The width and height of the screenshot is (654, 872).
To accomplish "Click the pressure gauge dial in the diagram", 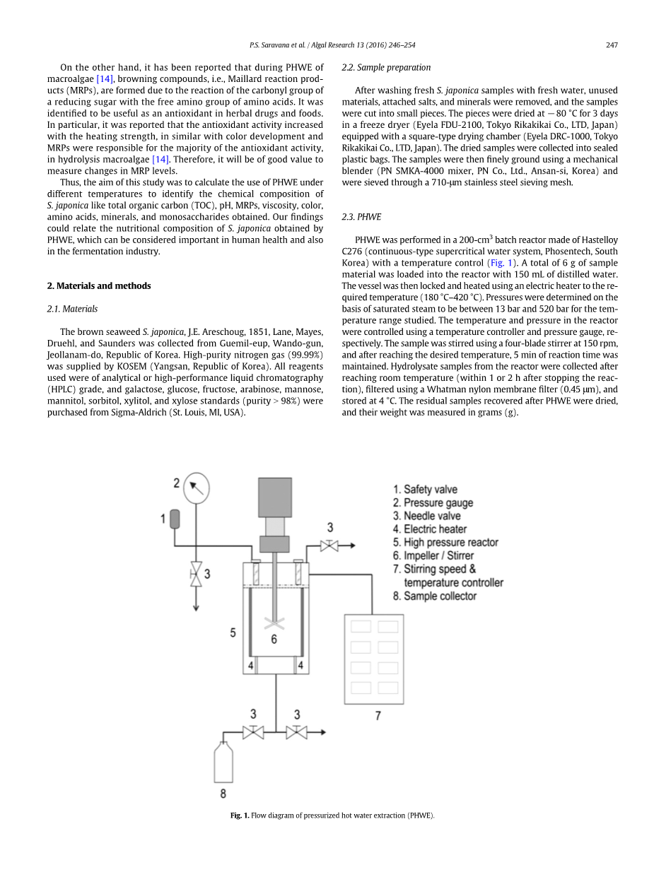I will pos(196,488).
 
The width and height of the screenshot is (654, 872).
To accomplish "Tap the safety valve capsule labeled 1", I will pos(175,519).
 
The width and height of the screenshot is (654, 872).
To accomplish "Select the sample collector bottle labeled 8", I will pos(223,761).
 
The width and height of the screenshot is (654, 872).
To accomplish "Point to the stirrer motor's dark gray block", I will pos(274,497).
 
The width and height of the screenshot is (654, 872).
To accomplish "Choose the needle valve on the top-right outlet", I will pos(329,546).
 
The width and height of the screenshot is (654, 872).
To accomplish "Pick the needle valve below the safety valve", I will pos(197,573).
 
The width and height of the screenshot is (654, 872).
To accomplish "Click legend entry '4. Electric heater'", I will pos(430,529).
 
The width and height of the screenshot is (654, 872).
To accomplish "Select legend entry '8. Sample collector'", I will pos(435,596).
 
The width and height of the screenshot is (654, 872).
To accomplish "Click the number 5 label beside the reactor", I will pos(233,633).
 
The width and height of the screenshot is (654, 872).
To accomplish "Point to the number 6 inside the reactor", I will pos(274,640).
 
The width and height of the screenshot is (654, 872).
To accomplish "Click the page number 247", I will pos(612,45).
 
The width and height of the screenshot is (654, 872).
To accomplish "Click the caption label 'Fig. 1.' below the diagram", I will pos(240,815).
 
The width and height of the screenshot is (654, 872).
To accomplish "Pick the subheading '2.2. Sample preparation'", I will pos(386,67).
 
